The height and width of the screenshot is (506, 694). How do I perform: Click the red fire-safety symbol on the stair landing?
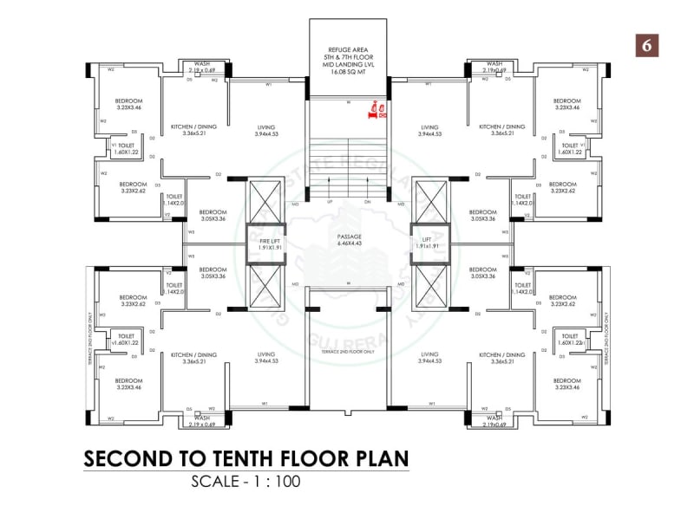pos(377,110)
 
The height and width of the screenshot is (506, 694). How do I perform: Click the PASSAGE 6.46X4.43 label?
pos(349,239)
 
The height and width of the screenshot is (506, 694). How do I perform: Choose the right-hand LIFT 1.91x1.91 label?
pos(426,243)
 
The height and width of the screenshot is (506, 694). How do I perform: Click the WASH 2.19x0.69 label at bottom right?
pos(494,420)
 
